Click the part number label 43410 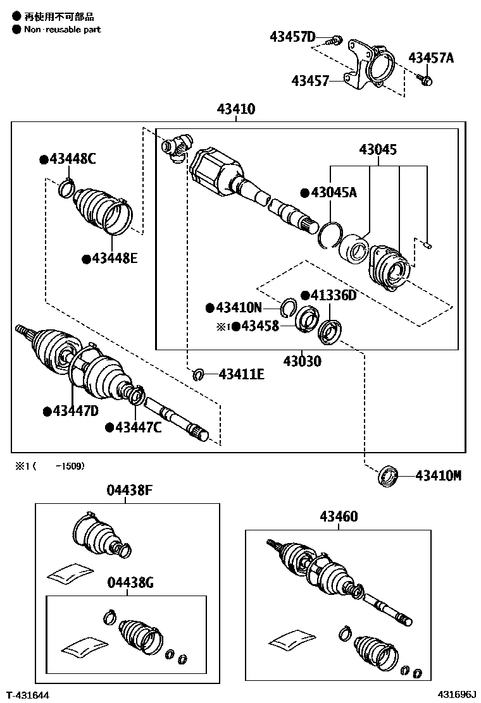point(236,109)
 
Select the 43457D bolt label point(292,37)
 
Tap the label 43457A point(431,58)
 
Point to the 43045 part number point(378,150)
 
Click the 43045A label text point(333,193)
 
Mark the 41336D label point(333,295)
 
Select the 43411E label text point(242,375)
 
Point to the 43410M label point(439,475)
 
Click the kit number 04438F point(129,491)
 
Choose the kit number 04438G point(130,583)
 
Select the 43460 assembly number point(339,517)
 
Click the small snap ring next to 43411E point(198,375)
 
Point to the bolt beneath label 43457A point(425,80)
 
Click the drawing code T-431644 point(28,695)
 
